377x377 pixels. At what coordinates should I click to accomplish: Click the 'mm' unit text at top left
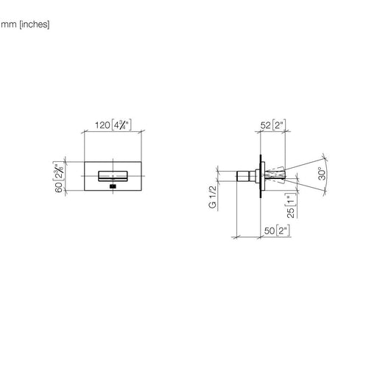[9, 24]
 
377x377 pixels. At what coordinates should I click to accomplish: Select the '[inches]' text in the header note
[35, 24]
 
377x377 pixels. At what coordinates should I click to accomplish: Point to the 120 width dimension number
[102, 125]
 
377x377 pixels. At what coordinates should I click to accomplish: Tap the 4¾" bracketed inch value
[121, 124]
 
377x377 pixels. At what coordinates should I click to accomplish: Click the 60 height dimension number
[59, 188]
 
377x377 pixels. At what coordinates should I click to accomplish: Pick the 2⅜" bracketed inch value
[59, 171]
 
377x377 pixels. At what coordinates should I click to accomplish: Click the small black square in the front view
[113, 186]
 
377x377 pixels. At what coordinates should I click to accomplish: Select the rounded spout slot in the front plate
[113, 176]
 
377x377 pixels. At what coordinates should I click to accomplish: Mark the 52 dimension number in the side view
[265, 125]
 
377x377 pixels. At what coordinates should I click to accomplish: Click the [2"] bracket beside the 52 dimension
[279, 125]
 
